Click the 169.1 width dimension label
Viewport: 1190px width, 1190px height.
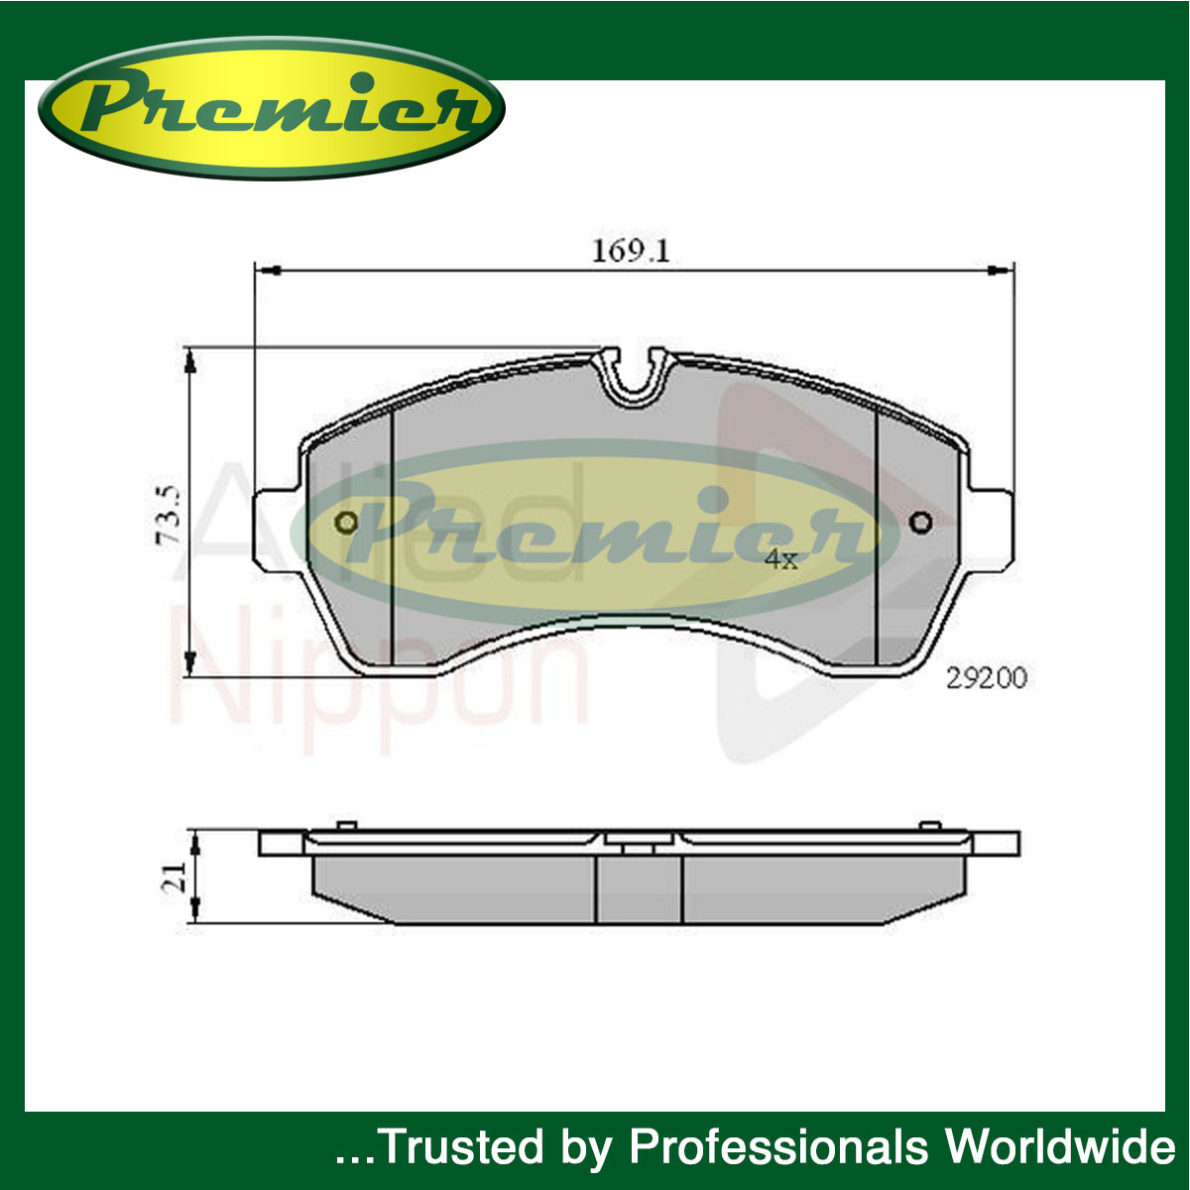631,251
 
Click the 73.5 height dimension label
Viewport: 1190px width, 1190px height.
168,515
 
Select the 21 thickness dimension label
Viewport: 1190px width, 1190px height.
174,878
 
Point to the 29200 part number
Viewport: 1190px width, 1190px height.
986,678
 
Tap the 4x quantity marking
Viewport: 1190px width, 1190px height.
781,559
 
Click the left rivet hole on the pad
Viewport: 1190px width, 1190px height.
346,523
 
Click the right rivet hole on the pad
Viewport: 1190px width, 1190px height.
920,523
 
